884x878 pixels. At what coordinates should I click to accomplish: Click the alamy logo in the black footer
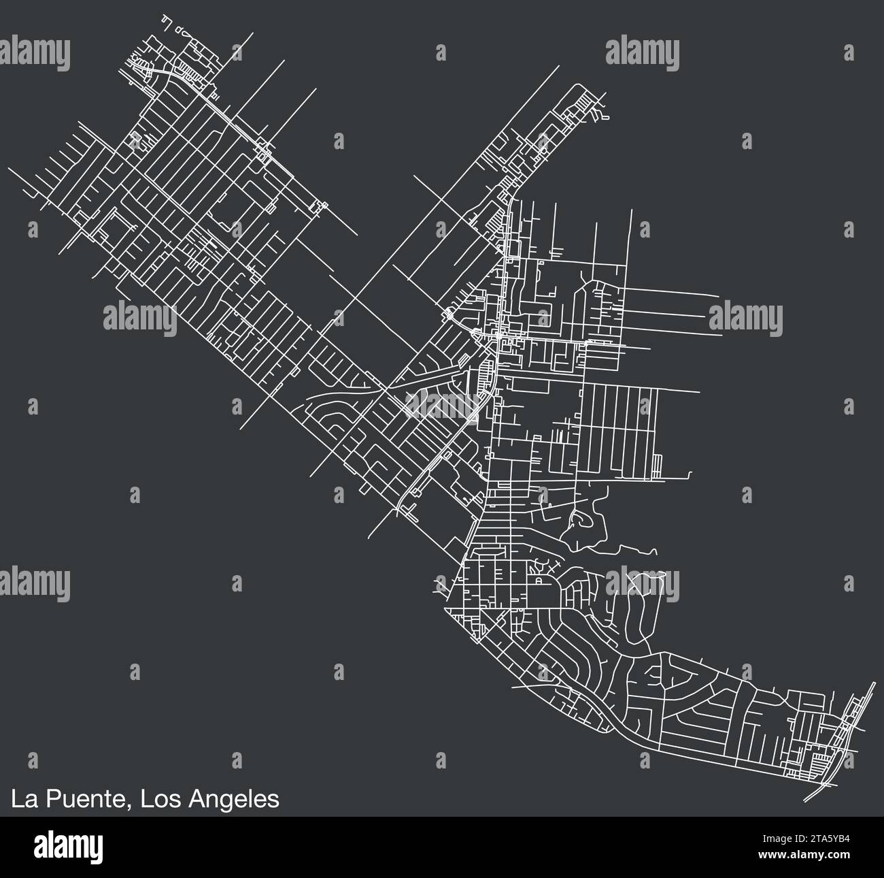[x=67, y=847]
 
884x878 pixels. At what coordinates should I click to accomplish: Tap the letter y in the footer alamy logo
[x=95, y=850]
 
